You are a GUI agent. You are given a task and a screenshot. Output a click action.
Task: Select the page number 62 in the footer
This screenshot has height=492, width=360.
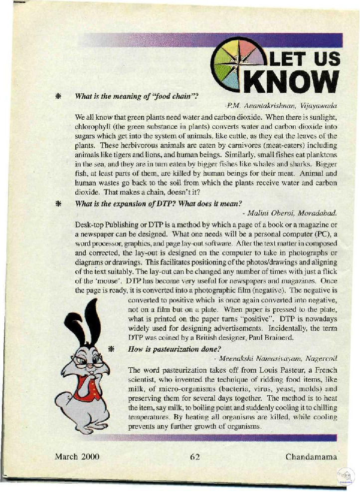coord(195,456)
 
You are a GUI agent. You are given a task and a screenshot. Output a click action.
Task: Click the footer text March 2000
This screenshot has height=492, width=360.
coord(77,456)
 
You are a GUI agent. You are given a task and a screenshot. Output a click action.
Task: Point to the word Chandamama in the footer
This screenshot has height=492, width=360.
coord(312,456)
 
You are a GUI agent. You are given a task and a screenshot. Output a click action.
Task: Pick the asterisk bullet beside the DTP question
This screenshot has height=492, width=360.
coord(58,204)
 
